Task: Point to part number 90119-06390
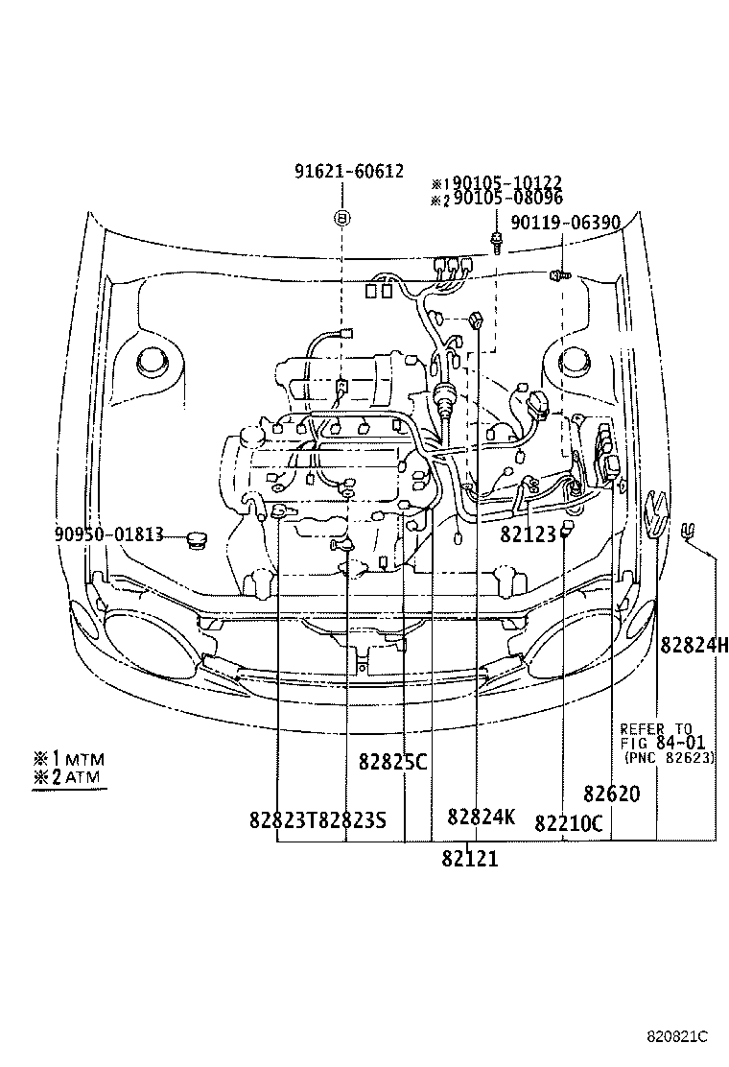coord(565,223)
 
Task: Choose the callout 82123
coord(528,533)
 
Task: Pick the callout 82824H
coord(694,645)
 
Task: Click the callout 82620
coord(611,794)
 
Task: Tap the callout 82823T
coord(283,820)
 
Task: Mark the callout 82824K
coord(481,818)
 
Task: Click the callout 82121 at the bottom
coord(470,859)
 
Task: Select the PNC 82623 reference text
coord(669,757)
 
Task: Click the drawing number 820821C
coord(674,1037)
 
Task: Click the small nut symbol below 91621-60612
coord(341,218)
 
